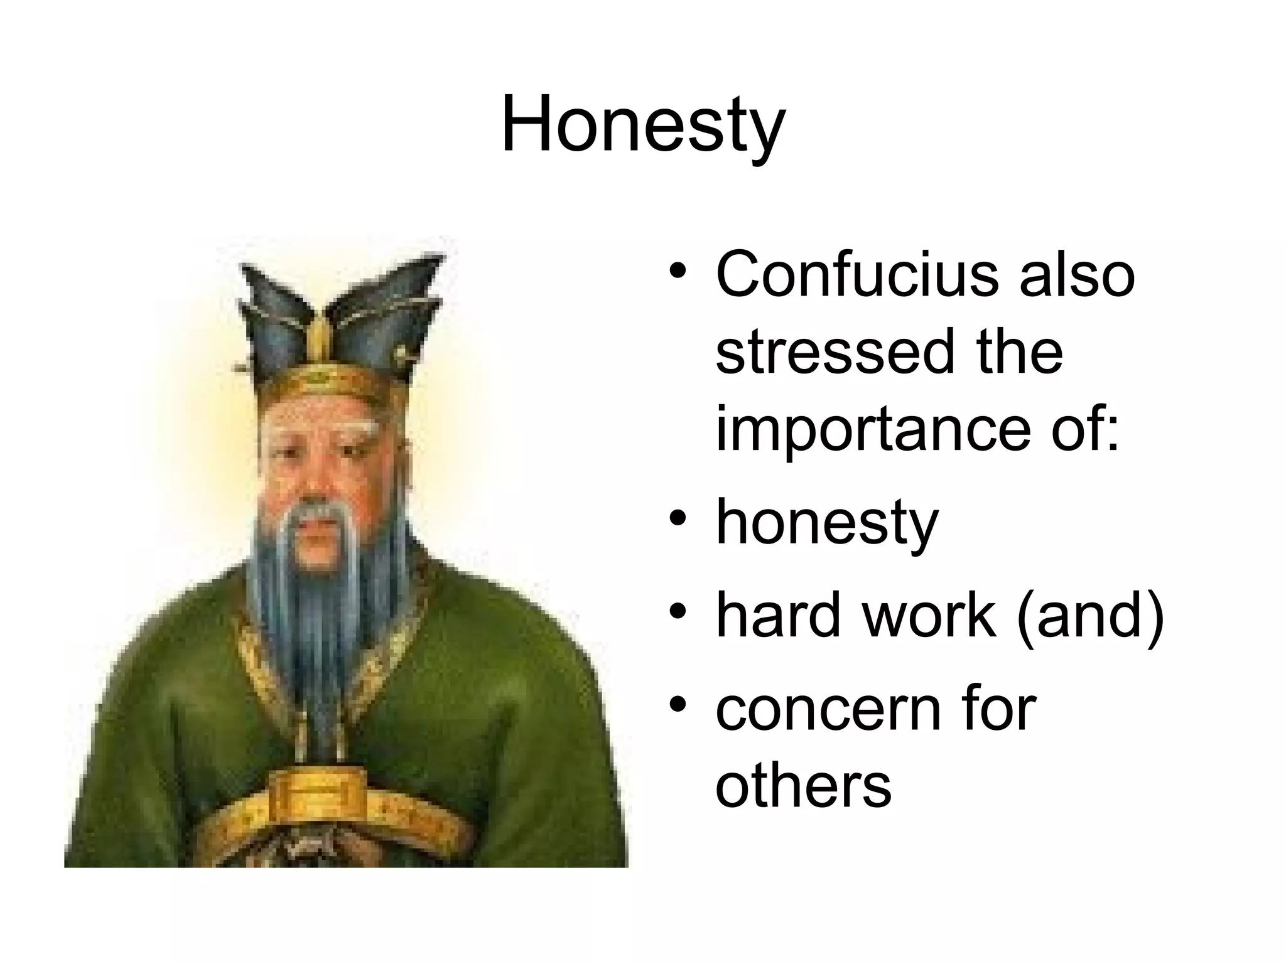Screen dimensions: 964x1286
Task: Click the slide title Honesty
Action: [642, 124]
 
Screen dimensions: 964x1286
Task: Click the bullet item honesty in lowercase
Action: [826, 523]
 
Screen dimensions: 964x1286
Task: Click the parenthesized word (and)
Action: [1091, 616]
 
